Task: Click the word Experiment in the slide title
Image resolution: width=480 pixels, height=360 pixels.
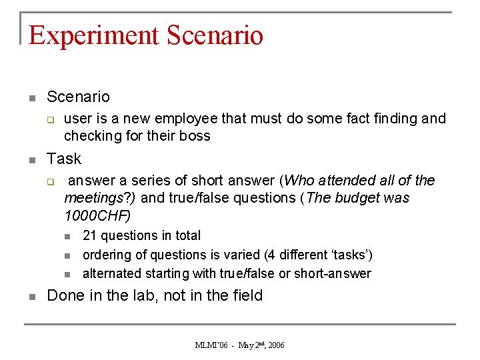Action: tap(94, 35)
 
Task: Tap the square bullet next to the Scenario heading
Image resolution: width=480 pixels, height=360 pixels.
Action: tap(31, 99)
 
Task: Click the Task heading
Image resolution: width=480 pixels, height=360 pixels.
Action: tap(64, 159)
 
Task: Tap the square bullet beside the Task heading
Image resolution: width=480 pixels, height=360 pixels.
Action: tap(31, 161)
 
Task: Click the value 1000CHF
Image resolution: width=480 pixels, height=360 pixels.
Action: tap(96, 215)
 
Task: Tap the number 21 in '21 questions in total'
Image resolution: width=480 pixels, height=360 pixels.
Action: tap(89, 235)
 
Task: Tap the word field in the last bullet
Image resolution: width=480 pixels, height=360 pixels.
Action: tap(246, 295)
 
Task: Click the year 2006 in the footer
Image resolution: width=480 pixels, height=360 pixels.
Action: tap(277, 345)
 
